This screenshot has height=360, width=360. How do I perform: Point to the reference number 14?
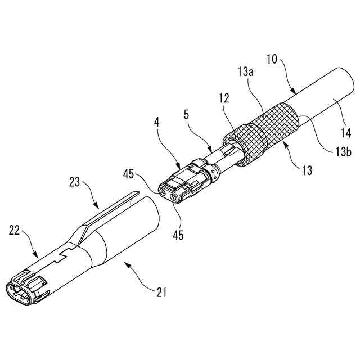point(345,133)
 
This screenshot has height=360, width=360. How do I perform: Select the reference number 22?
point(15,231)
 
